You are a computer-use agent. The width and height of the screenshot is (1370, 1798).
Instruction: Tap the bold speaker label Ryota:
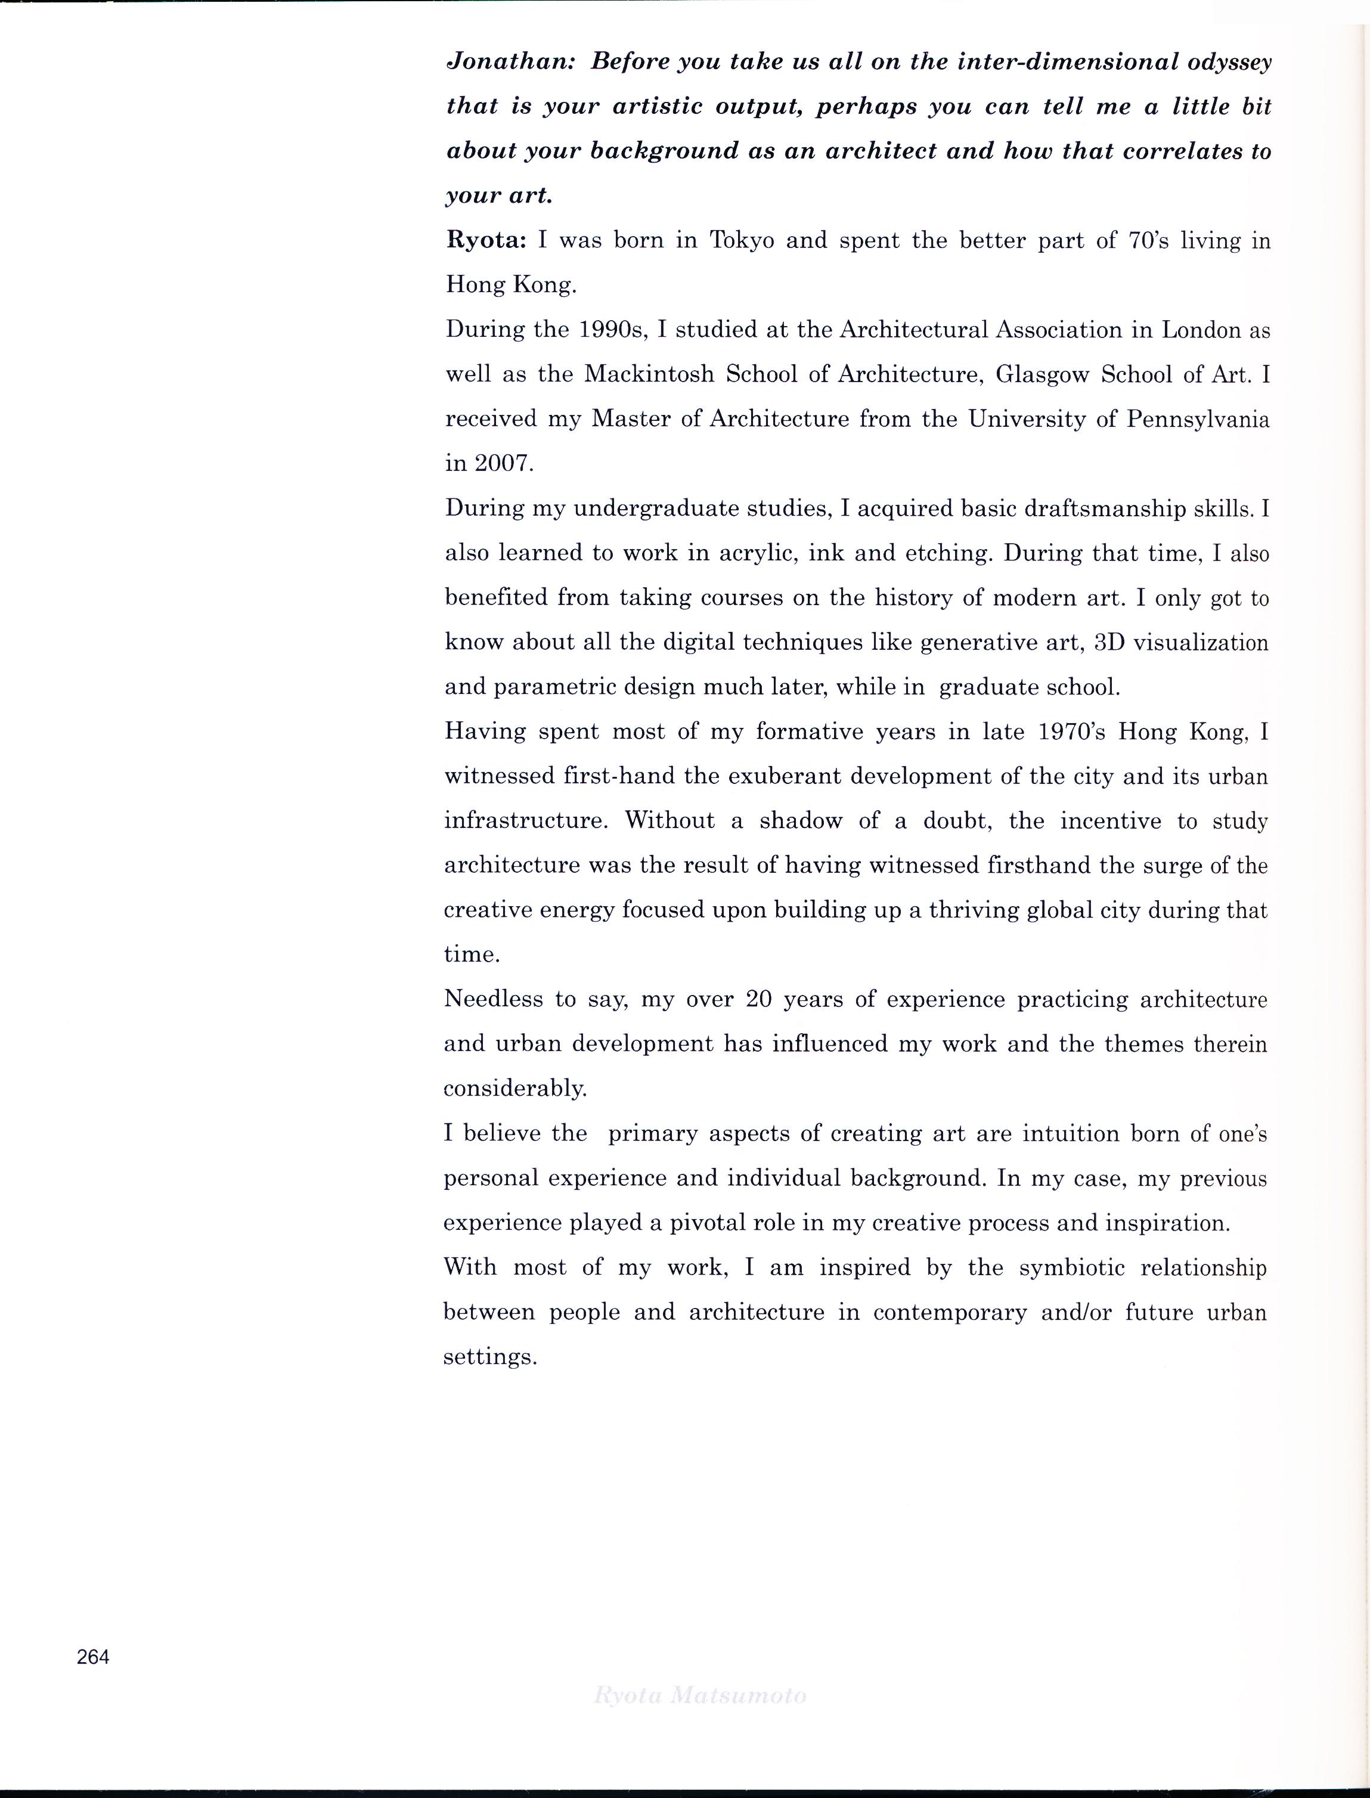point(487,241)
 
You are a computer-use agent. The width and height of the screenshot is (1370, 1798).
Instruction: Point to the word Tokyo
point(741,241)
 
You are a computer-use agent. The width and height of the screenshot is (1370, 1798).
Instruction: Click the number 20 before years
point(758,1000)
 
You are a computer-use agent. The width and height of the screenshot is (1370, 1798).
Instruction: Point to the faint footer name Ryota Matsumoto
point(701,1696)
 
